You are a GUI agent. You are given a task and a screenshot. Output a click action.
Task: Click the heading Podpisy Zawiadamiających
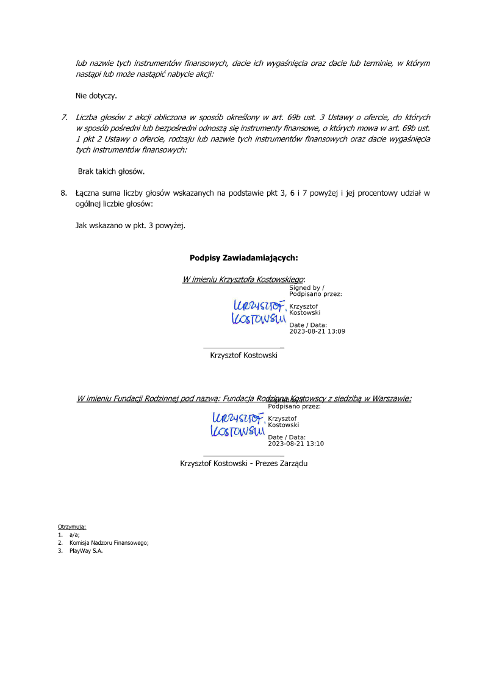243,257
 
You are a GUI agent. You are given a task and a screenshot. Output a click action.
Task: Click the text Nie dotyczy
96,96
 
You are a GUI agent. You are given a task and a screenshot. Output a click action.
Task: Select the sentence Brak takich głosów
111,171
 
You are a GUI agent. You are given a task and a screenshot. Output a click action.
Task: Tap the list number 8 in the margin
63,193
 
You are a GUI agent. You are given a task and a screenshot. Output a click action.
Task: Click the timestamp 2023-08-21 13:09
317,331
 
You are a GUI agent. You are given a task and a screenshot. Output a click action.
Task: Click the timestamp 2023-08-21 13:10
296,444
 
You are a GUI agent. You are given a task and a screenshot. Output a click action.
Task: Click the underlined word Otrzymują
72,526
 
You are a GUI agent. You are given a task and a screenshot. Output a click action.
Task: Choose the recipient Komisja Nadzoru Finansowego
109,542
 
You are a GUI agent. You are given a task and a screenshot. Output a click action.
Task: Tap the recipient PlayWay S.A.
86,550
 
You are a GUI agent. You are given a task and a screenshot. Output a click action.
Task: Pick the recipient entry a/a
74,534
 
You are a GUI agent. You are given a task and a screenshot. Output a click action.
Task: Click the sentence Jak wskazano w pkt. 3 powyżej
130,226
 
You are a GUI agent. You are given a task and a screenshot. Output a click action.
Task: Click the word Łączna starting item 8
89,193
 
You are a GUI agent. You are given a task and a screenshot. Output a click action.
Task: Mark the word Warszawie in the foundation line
390,399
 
